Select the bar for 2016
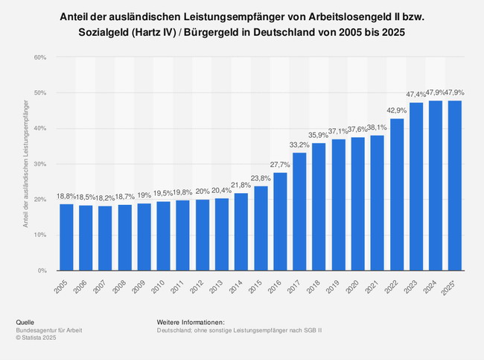point(280,221)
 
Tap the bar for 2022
point(397,195)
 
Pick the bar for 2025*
point(455,186)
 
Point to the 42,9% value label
point(397,110)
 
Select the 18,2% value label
point(105,198)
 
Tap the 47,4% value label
point(416,95)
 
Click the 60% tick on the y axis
point(40,57)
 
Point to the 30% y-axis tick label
point(40,164)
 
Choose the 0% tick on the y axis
point(42,271)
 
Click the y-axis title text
point(26,164)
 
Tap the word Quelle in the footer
point(25,322)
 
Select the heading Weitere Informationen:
point(191,322)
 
